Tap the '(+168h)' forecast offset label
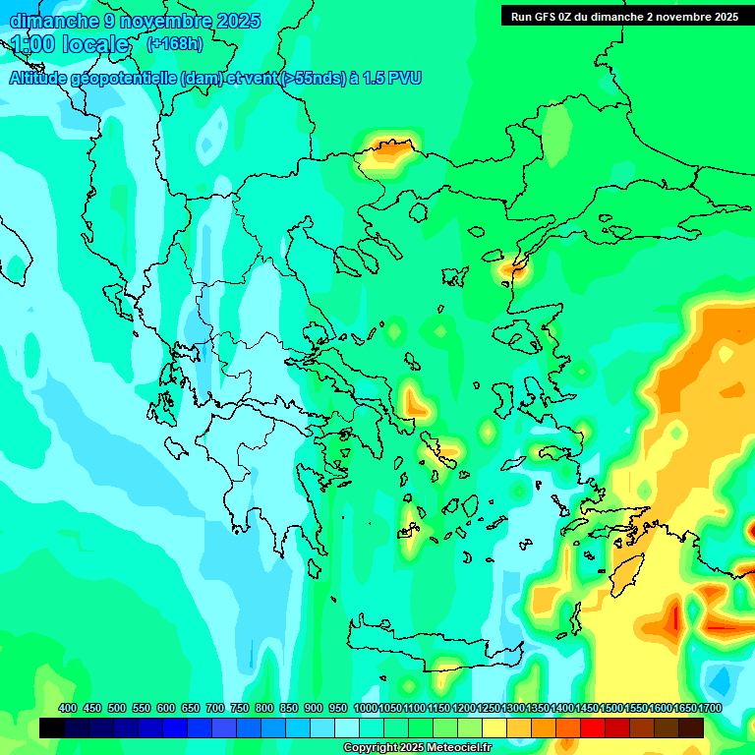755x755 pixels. pyautogui.click(x=175, y=43)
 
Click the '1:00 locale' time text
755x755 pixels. pyautogui.click(x=71, y=44)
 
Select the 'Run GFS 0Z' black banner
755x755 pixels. pyautogui.click(x=624, y=16)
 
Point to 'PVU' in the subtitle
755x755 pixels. pyautogui.click(x=402, y=78)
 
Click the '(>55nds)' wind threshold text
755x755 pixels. pyautogui.click(x=313, y=78)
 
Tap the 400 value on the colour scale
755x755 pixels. pyautogui.click(x=68, y=708)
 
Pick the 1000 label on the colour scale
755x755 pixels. pyautogui.click(x=365, y=708)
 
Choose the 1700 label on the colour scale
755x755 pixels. pyautogui.click(x=709, y=708)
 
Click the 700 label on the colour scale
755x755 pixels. pyautogui.click(x=215, y=708)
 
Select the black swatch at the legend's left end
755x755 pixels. pyautogui.click(x=52, y=727)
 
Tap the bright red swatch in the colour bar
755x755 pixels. pyautogui.click(x=593, y=727)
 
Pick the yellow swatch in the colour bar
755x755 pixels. pyautogui.click(x=494, y=727)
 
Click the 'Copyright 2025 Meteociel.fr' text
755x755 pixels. pyautogui.click(x=417, y=747)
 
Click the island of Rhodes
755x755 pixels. pyautogui.click(x=625, y=570)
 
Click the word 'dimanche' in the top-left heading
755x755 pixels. pyautogui.click(x=54, y=21)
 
